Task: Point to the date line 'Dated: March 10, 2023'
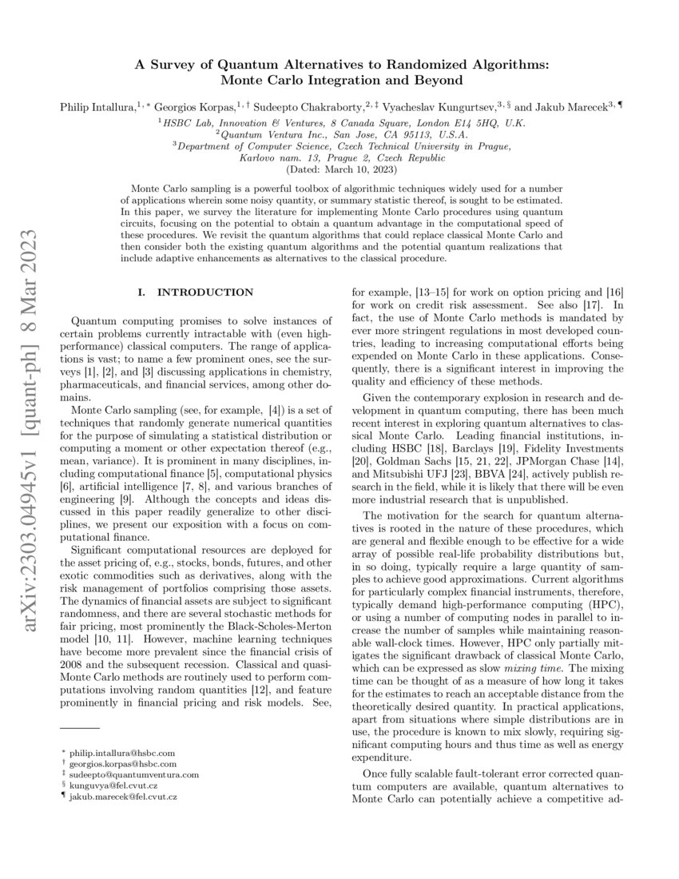coord(339,169)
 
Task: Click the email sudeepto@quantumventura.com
coord(133,775)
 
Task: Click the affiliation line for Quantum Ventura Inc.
coord(339,134)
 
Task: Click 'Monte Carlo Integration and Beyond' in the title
coord(339,80)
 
